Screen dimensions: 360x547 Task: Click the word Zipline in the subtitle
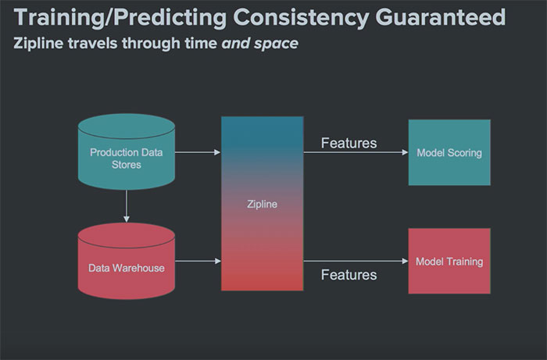pyautogui.click(x=40, y=43)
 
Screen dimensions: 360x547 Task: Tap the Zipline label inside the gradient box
pyautogui.click(x=262, y=205)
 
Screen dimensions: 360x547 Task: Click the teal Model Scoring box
pyautogui.click(x=449, y=152)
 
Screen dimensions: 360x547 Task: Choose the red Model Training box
pyautogui.click(x=449, y=261)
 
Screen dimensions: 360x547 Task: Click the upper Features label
pyautogui.click(x=349, y=143)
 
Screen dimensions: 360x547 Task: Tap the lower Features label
pyautogui.click(x=349, y=274)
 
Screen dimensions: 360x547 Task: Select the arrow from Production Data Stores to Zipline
pyautogui.click(x=197, y=152)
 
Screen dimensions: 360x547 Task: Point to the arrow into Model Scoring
pyautogui.click(x=356, y=153)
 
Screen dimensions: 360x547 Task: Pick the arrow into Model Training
pyautogui.click(x=356, y=262)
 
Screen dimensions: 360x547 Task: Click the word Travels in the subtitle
pyautogui.click(x=97, y=43)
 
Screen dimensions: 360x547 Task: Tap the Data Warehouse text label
pyautogui.click(x=126, y=268)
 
